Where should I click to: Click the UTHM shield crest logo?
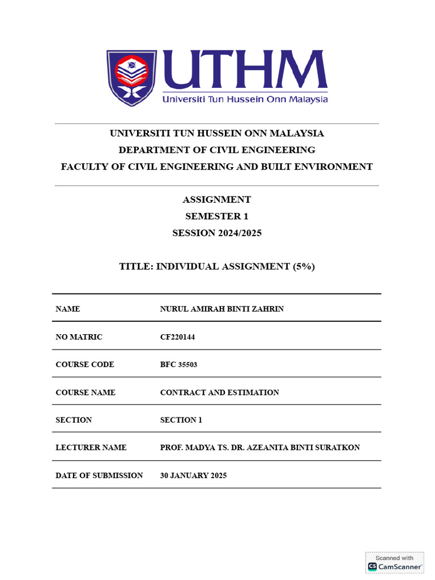(131, 78)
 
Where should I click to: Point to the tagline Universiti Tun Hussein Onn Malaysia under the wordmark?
(245, 99)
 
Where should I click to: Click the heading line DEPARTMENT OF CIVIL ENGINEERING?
(217, 150)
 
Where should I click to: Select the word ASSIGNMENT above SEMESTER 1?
(217, 199)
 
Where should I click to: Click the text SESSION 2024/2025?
(217, 233)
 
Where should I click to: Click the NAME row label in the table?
(68, 309)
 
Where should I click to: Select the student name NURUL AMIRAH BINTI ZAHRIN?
(222, 309)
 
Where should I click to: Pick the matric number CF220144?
(178, 337)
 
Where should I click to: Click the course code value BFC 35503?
(179, 365)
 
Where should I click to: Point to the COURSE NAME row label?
(86, 393)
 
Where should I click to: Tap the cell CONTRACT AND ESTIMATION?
(220, 393)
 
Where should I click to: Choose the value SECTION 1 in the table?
(181, 420)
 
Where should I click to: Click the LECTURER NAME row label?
(91, 447)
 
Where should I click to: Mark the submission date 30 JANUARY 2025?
(194, 476)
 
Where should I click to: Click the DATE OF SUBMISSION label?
(99, 476)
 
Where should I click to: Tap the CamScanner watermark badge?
(395, 562)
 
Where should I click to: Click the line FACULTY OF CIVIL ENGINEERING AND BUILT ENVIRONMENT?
(217, 167)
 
